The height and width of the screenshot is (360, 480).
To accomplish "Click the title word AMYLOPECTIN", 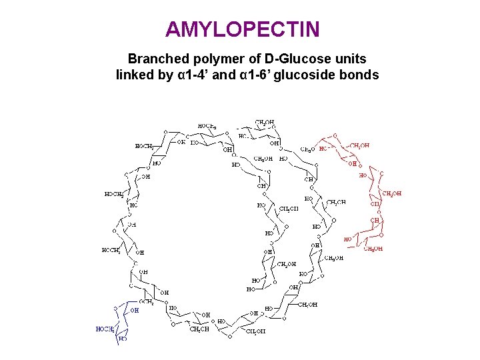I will pos(243,29).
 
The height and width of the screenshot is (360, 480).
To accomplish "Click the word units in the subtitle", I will pos(349,59).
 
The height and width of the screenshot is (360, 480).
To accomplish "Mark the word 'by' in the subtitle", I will pos(166,75).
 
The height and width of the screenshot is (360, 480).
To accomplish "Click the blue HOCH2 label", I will pos(105,329).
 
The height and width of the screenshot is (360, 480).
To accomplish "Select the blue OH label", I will pos(135,310).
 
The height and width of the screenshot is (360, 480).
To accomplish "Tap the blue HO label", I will pos(123,339).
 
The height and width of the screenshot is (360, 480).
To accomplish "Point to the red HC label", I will pos(323,149).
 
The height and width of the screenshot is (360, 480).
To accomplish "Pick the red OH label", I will pos(353,163).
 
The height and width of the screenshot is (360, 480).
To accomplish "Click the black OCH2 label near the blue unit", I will pos(147,302).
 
